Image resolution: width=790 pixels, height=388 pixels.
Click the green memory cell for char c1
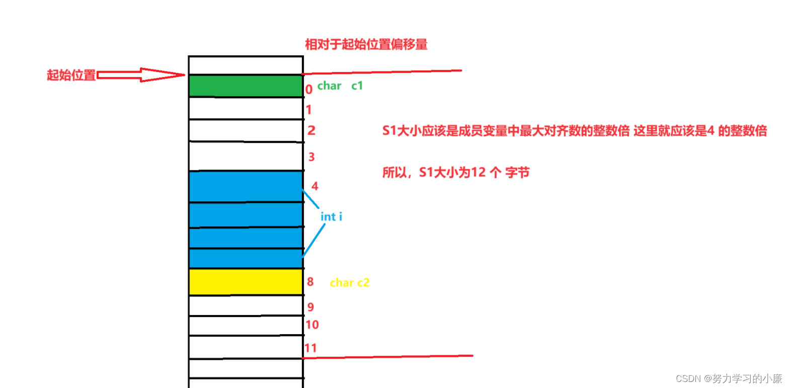[x=246, y=86]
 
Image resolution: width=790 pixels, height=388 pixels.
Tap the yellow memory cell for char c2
[x=246, y=282]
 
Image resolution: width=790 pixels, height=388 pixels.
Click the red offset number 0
[x=309, y=89]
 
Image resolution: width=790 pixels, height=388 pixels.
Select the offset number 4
[x=314, y=186]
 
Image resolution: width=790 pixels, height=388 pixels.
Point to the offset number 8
[x=310, y=282]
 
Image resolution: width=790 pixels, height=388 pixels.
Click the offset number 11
[x=310, y=348]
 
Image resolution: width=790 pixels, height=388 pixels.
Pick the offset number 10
[x=312, y=325]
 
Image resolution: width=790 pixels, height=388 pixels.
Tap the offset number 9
[x=310, y=307]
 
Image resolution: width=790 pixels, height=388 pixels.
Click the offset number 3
[x=311, y=157]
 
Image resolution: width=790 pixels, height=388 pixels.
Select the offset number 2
[x=311, y=131]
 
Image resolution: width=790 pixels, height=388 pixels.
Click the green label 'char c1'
[x=340, y=86]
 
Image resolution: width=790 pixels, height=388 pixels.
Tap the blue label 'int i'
[x=331, y=217]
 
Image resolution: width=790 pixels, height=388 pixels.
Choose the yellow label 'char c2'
[x=349, y=283]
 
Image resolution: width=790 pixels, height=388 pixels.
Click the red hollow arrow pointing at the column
[x=141, y=75]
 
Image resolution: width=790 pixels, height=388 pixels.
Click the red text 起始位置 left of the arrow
[x=71, y=75]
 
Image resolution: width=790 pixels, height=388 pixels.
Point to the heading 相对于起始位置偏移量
[x=366, y=44]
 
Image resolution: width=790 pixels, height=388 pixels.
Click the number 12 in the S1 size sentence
[x=478, y=173]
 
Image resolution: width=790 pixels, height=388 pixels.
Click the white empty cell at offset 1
[x=246, y=108]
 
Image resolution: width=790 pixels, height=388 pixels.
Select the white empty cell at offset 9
[x=246, y=305]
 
